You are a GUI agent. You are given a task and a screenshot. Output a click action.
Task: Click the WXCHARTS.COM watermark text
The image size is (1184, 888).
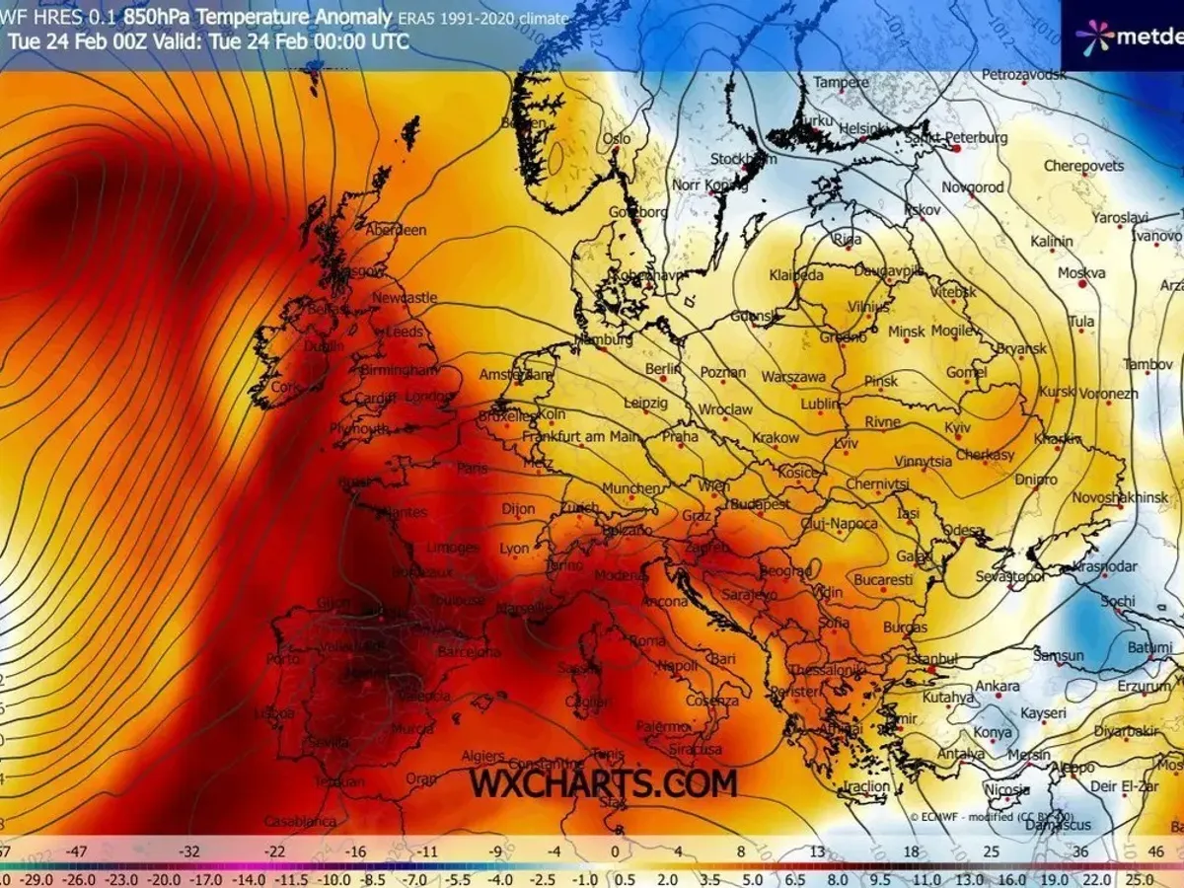(603, 783)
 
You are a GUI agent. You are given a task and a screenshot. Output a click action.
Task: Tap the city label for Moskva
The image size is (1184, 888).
(1081, 272)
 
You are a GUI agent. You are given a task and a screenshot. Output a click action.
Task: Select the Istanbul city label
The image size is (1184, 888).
(934, 658)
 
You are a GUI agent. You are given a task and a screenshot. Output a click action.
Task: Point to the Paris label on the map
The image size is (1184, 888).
(473, 468)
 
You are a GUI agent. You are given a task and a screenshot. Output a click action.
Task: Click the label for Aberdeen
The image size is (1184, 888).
(396, 230)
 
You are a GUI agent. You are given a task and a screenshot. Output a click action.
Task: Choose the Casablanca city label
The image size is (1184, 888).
(293, 821)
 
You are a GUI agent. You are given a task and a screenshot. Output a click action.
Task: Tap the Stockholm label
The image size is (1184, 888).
(744, 159)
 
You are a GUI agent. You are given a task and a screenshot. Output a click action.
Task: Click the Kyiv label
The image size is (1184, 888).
(958, 427)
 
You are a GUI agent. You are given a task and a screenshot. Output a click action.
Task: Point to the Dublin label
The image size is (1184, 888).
(325, 346)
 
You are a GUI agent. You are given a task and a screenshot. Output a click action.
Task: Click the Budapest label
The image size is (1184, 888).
(760, 504)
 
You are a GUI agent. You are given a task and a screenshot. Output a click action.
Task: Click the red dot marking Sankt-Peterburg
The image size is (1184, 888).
(955, 149)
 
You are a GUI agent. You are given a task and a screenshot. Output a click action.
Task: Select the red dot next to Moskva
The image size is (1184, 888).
(1081, 284)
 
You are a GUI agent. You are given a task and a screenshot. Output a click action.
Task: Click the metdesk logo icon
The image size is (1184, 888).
(1094, 37)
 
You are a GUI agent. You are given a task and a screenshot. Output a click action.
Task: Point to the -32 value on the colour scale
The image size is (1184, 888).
(190, 851)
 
